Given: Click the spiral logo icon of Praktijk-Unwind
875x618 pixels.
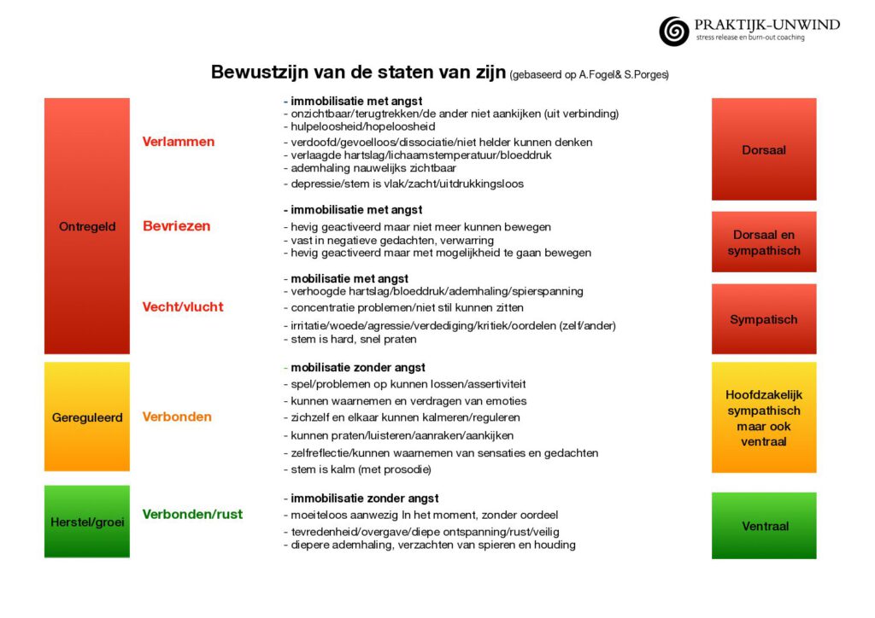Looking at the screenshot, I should pos(673,32).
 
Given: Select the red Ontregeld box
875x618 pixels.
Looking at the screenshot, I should pos(87,226).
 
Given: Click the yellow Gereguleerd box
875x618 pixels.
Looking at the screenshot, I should pos(87,417).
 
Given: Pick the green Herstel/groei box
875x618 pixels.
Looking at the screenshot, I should pos(87,522).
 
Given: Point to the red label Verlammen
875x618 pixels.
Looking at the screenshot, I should pos(179,142).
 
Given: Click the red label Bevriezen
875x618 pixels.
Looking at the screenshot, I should pos(176,226).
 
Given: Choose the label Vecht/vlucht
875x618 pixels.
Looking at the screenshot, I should pos(183,306).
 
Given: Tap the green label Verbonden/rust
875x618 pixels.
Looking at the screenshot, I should pos(192,514).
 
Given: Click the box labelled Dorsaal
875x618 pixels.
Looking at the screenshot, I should pos(764,150).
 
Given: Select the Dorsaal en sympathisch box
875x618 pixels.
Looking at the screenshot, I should pos(764,242).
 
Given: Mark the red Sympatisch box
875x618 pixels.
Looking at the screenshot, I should pos(764,319).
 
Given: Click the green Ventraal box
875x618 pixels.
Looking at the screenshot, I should pos(764,526).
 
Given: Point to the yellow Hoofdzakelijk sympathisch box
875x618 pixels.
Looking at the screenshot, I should pos(764,418).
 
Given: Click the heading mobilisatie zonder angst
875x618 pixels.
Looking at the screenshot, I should pos(357,367).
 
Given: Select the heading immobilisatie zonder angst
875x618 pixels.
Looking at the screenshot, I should pos(364,498).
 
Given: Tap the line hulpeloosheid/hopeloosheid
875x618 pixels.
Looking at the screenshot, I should pos(362,126).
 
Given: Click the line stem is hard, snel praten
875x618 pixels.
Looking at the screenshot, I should pos(353,339).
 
